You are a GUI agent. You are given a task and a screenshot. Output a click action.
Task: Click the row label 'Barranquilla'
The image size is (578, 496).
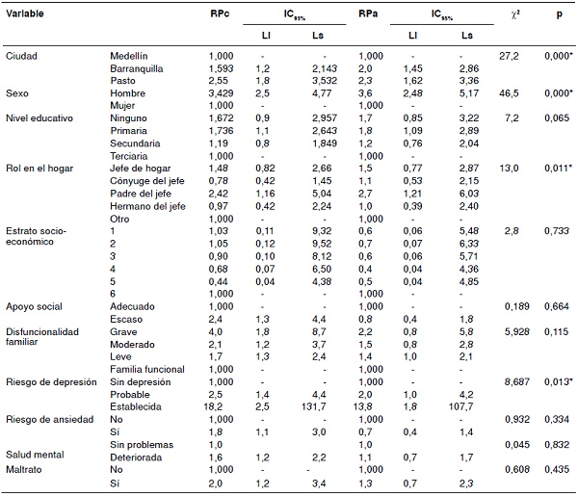click(137, 69)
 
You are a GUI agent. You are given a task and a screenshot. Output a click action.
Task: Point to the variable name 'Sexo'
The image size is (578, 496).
click(17, 93)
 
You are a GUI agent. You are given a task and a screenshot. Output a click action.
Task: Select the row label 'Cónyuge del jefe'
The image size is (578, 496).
click(147, 180)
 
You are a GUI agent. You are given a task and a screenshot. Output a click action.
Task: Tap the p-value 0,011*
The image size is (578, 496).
click(556, 169)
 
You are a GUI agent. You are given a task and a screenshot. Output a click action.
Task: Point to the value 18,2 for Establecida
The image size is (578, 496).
click(221, 405)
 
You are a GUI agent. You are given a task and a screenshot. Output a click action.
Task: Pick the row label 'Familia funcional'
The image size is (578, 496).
click(147, 369)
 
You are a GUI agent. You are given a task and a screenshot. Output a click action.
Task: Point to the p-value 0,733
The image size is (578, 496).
click(554, 231)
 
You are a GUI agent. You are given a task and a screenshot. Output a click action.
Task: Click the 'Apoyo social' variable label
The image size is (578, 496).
click(35, 306)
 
